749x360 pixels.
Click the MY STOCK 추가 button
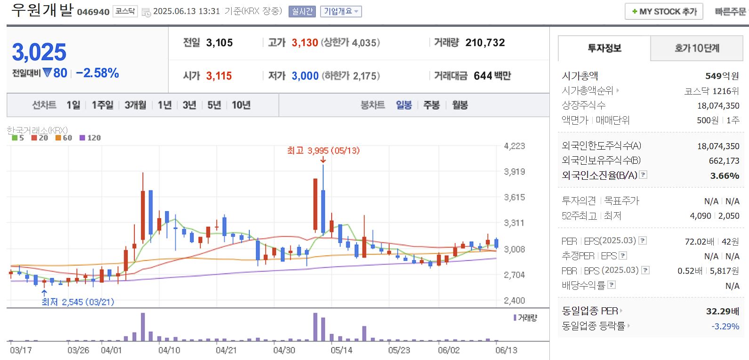(x=664, y=11)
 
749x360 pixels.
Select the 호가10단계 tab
(x=697, y=48)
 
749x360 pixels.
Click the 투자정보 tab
(x=604, y=48)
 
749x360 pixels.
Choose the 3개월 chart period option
(x=135, y=105)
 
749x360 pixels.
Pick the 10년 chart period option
(x=241, y=105)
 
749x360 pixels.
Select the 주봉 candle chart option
(x=431, y=105)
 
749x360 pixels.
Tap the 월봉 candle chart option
(x=460, y=105)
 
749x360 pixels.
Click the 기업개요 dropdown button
(x=341, y=11)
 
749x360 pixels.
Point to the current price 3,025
(x=39, y=52)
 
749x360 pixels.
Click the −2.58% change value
(x=97, y=73)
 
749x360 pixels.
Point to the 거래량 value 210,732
(x=485, y=43)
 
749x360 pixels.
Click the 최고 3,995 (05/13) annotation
(x=323, y=151)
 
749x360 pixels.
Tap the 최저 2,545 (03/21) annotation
(x=78, y=302)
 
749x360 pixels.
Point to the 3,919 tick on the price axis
(x=514, y=172)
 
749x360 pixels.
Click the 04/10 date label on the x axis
(x=169, y=350)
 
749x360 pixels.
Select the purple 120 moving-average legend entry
(x=90, y=138)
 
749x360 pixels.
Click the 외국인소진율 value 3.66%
(x=725, y=176)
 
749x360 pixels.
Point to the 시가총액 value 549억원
(x=722, y=76)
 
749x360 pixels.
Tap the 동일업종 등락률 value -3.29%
(x=725, y=326)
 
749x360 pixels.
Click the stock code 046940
(x=93, y=12)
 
